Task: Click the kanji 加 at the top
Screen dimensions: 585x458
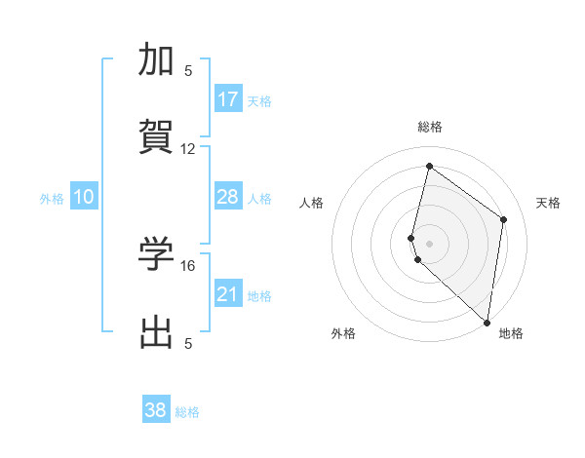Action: point(157,60)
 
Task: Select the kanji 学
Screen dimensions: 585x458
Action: point(157,254)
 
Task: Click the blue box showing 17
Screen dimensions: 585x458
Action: point(228,99)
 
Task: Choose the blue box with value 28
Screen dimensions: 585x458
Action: point(228,197)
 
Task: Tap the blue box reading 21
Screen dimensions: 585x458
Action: point(228,294)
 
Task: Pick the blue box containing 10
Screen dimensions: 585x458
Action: point(84,197)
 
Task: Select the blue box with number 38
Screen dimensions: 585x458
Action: point(156,410)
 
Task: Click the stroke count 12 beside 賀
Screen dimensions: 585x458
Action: point(188,149)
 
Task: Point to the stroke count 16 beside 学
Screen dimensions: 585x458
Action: point(188,265)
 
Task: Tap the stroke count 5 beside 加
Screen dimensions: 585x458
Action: point(188,70)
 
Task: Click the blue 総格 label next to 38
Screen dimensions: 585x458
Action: point(187,412)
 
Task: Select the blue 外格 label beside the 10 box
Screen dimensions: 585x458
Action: point(52,199)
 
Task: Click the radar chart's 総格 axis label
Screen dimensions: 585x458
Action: point(430,127)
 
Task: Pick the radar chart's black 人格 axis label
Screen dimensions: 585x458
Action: point(311,203)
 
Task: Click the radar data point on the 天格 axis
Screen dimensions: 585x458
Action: point(504,219)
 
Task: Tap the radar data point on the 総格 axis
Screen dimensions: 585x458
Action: point(429,166)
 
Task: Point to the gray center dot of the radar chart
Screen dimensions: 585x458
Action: point(429,243)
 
